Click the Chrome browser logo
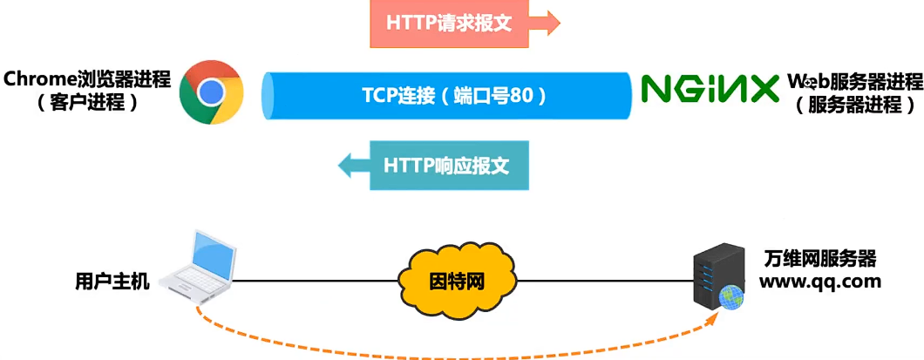click(x=211, y=92)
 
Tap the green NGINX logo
click(x=710, y=89)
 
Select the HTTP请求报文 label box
click(x=449, y=24)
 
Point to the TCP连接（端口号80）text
click(x=454, y=94)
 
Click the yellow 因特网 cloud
click(x=456, y=282)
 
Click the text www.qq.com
click(x=819, y=282)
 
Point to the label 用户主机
click(x=112, y=282)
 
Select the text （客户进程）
click(x=87, y=103)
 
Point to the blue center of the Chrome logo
click(x=211, y=92)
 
